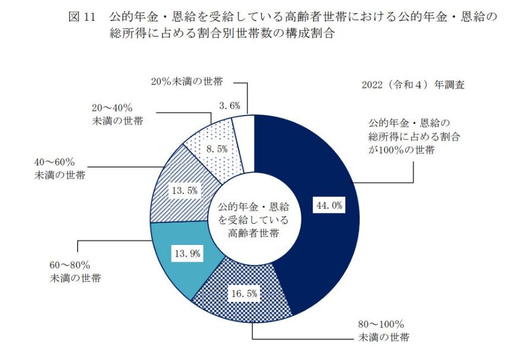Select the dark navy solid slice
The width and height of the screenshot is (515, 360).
pos(320,249)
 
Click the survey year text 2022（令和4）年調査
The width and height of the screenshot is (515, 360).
pos(413,85)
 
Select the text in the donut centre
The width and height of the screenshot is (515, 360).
pos(253,219)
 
